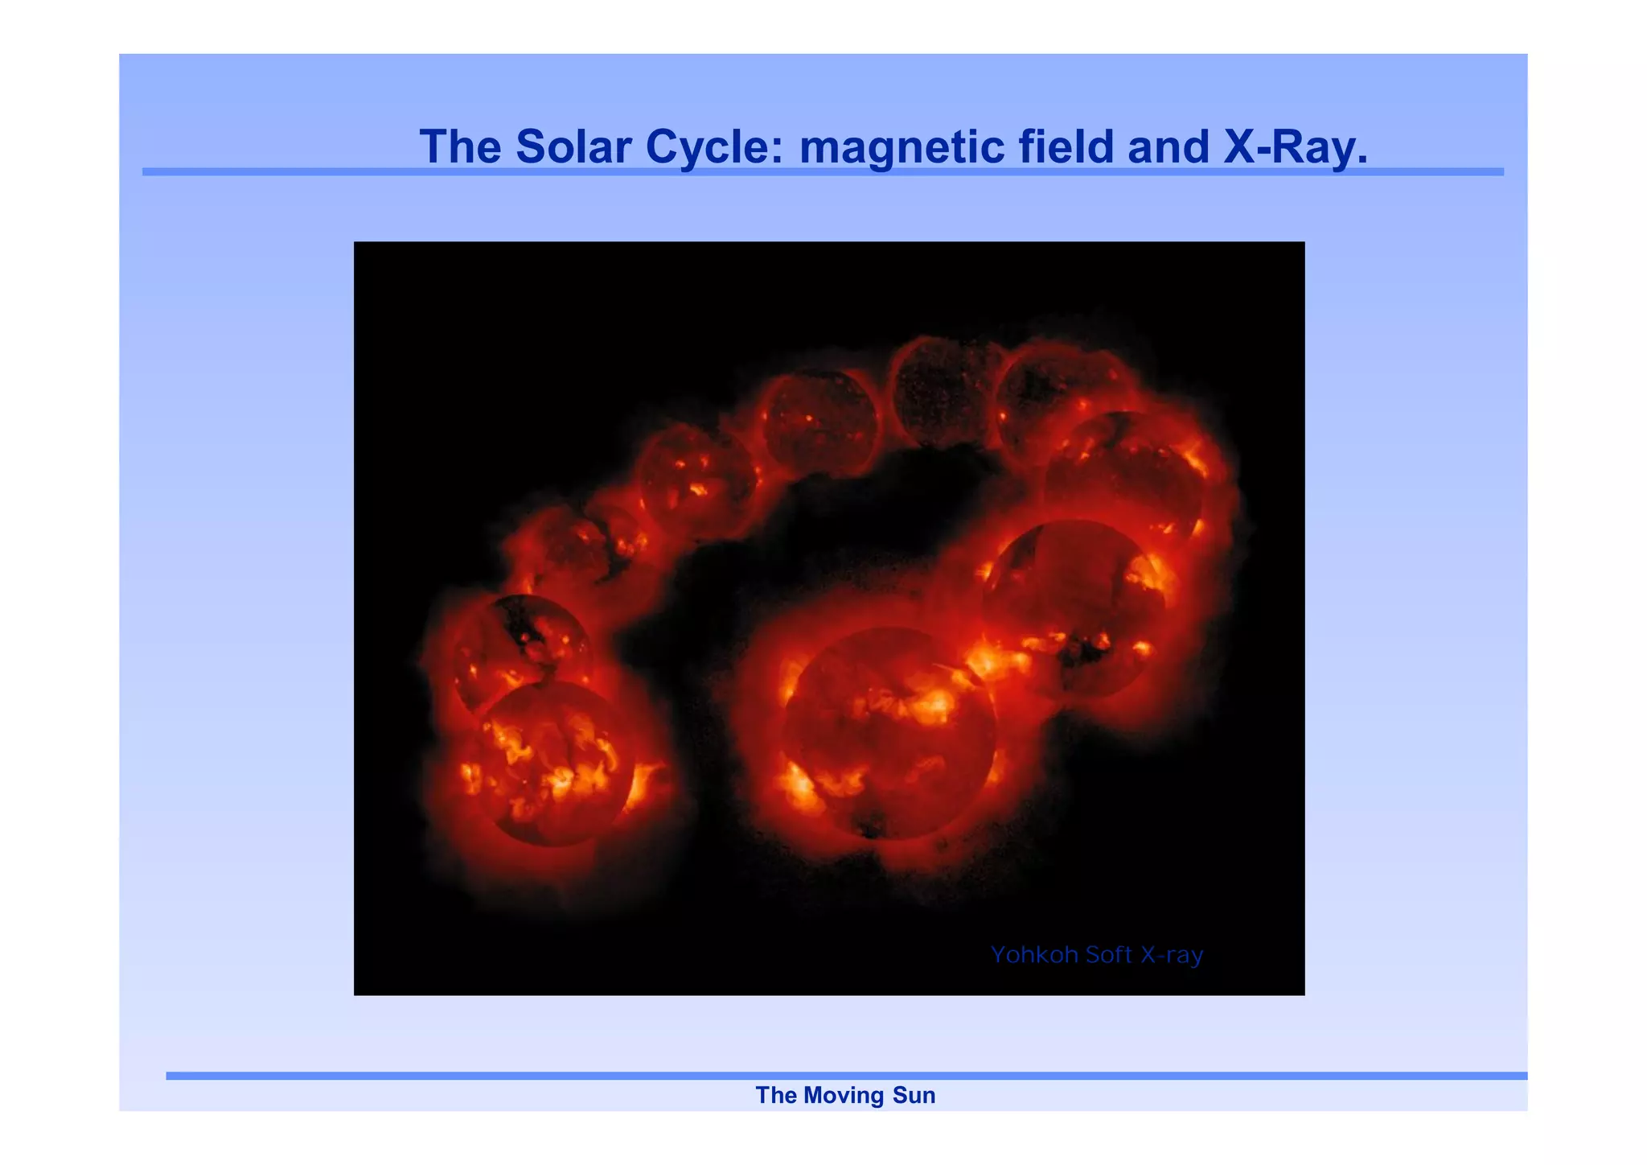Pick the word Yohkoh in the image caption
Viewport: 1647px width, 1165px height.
(x=1033, y=955)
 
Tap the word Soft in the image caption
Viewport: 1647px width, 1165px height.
(x=1108, y=955)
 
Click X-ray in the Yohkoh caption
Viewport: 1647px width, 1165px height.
(x=1172, y=955)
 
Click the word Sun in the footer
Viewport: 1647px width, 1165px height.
(x=914, y=1095)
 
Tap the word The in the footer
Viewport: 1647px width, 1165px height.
(x=776, y=1095)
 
